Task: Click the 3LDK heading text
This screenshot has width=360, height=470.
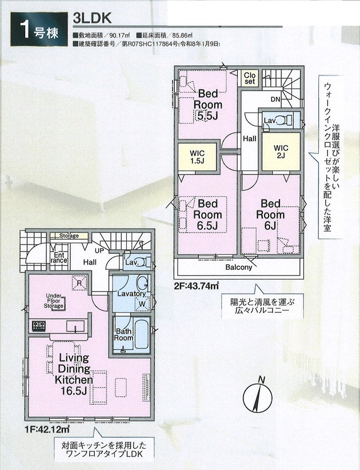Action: (92, 18)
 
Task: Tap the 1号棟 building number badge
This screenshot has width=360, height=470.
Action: (39, 29)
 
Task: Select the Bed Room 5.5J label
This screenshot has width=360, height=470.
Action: (208, 105)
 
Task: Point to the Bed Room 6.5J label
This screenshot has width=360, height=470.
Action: (207, 214)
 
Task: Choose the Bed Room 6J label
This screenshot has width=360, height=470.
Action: (270, 214)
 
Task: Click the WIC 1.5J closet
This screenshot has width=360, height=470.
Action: (197, 157)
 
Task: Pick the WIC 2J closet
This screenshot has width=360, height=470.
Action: (281, 152)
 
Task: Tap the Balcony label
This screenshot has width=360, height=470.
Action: (239, 267)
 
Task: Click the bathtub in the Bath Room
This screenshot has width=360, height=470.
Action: (142, 334)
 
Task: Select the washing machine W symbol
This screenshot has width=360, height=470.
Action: (142, 304)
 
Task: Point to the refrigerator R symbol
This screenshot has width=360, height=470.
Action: (79, 282)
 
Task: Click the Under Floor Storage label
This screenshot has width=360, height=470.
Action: (54, 301)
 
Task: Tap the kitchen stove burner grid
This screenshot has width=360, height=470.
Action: (39, 326)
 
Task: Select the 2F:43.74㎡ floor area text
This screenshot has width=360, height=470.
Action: (196, 286)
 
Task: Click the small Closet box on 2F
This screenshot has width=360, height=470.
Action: (250, 78)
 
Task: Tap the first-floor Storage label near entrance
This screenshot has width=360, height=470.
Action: (69, 236)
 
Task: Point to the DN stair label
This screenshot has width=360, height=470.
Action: (275, 98)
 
